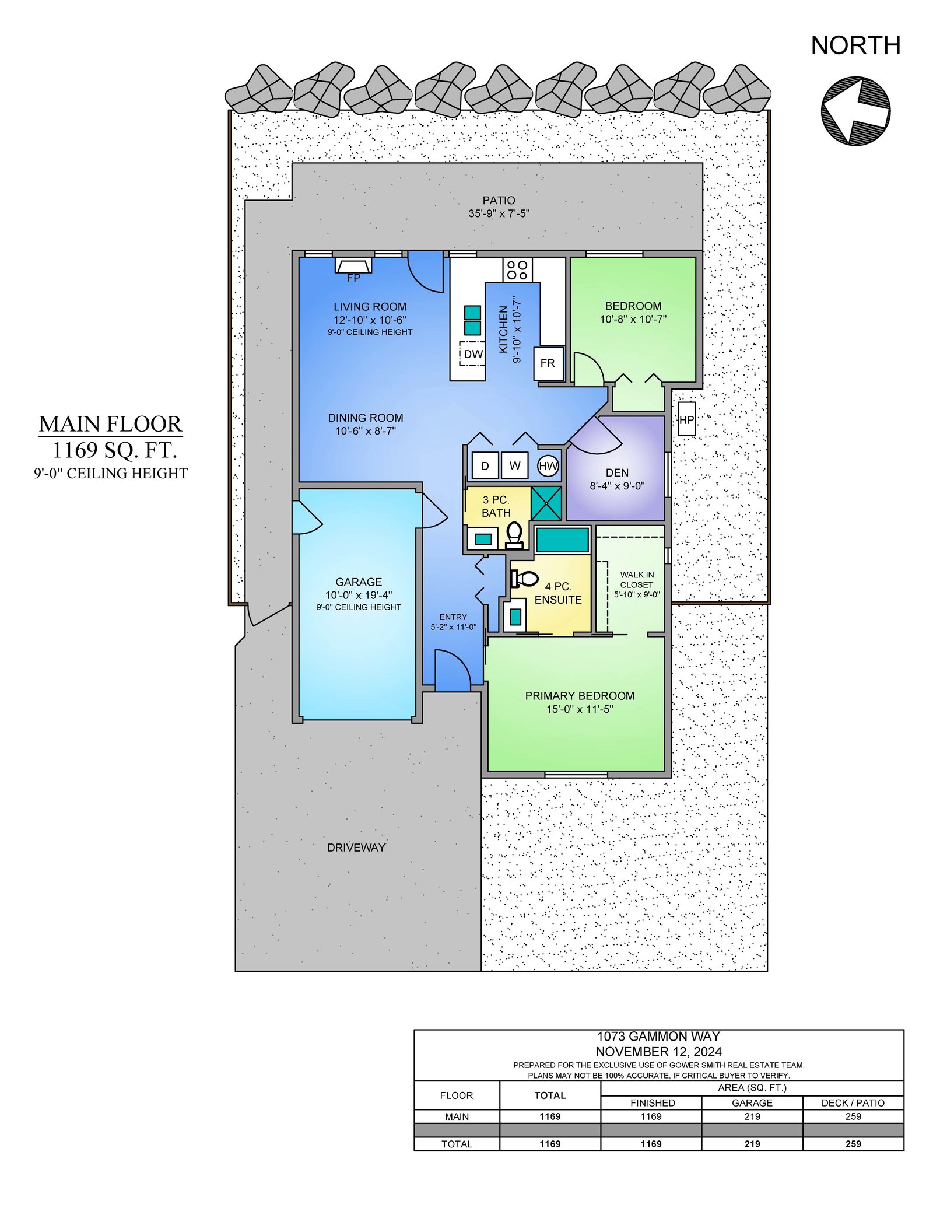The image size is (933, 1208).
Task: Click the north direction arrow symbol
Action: click(855, 111)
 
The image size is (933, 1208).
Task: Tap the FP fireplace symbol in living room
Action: click(353, 265)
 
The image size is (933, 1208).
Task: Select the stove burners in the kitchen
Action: click(517, 269)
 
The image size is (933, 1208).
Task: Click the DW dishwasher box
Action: click(472, 353)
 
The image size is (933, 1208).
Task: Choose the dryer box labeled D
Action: click(485, 465)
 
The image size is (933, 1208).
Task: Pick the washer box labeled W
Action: click(514, 465)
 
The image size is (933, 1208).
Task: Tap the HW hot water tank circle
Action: click(548, 465)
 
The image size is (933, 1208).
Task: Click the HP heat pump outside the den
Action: click(687, 419)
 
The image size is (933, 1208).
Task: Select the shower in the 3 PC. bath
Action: click(546, 503)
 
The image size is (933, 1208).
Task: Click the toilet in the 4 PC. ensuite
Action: click(525, 579)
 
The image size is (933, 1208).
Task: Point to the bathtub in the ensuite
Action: click(562, 540)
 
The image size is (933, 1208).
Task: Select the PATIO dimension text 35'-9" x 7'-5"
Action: click(499, 213)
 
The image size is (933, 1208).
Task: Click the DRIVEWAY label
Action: click(356, 848)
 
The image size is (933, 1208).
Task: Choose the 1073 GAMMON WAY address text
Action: click(658, 1037)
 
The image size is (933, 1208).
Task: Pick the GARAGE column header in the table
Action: click(752, 1102)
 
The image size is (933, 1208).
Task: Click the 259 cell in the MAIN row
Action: click(853, 1116)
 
